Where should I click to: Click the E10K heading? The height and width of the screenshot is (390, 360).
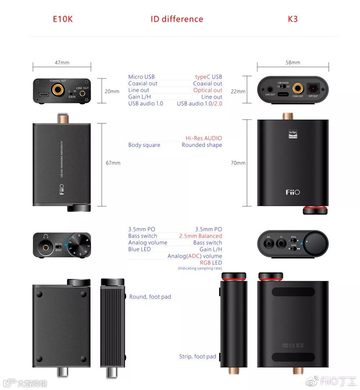click(63, 19)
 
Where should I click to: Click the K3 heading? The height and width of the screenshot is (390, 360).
click(293, 19)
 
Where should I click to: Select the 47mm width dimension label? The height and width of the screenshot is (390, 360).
click(62, 63)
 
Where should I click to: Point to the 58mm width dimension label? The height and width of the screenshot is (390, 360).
click(293, 63)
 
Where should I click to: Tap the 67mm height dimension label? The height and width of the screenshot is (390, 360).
click(113, 163)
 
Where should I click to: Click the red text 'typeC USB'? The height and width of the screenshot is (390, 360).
click(208, 77)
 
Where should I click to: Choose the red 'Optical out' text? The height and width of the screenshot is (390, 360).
click(208, 90)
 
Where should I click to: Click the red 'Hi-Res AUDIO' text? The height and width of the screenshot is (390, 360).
click(204, 138)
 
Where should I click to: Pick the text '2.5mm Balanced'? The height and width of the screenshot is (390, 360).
click(201, 236)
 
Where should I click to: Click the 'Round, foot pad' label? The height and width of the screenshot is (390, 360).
click(150, 297)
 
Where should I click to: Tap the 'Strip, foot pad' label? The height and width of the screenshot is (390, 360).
click(198, 356)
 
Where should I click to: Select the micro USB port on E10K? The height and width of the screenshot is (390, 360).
click(44, 95)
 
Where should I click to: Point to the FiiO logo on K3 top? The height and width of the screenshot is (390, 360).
click(293, 192)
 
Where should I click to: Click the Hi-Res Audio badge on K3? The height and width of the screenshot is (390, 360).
click(293, 134)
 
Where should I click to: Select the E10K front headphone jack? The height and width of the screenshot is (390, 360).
click(46, 247)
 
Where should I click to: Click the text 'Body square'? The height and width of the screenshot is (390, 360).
click(144, 145)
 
